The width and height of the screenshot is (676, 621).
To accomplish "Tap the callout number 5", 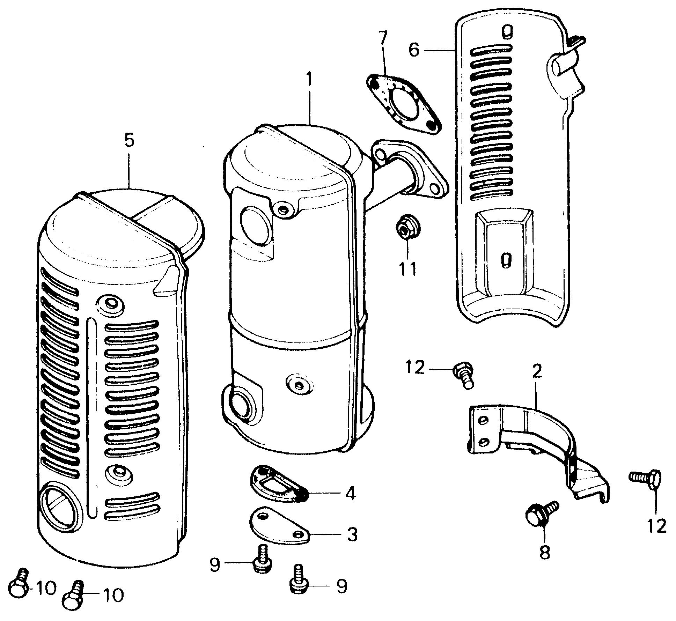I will (129, 141).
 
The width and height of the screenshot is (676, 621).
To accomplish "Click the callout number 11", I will (408, 269).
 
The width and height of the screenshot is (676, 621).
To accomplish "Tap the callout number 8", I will (544, 552).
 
